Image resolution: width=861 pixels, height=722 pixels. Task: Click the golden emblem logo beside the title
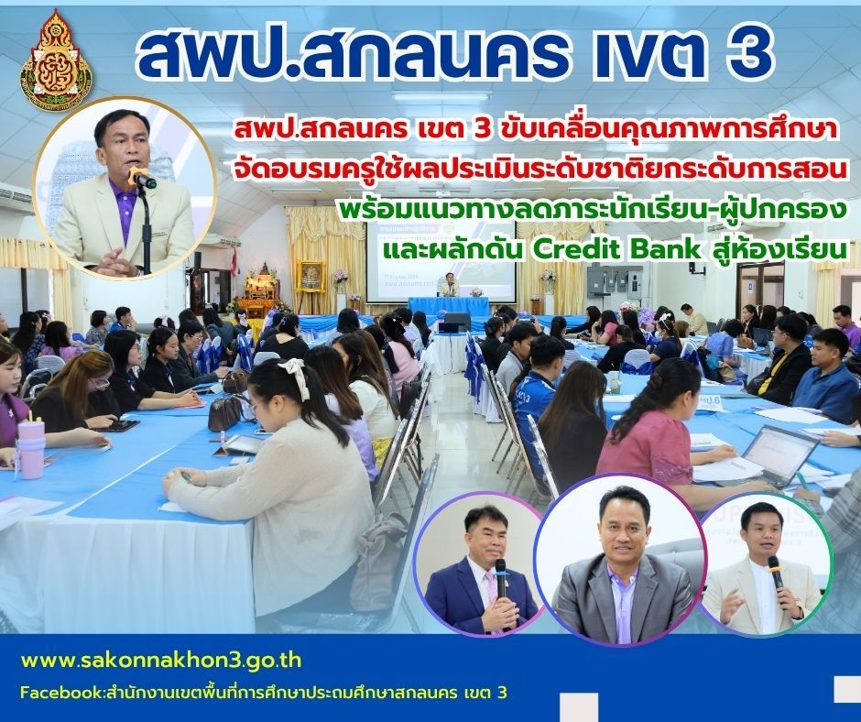[x=56, y=59]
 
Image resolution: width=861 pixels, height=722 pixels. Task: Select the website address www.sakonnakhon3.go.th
[x=161, y=660]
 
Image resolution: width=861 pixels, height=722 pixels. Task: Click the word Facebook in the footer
[x=60, y=693]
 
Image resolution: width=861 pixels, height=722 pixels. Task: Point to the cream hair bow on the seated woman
[x=296, y=376]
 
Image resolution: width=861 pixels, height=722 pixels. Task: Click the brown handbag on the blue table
[x=226, y=411]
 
